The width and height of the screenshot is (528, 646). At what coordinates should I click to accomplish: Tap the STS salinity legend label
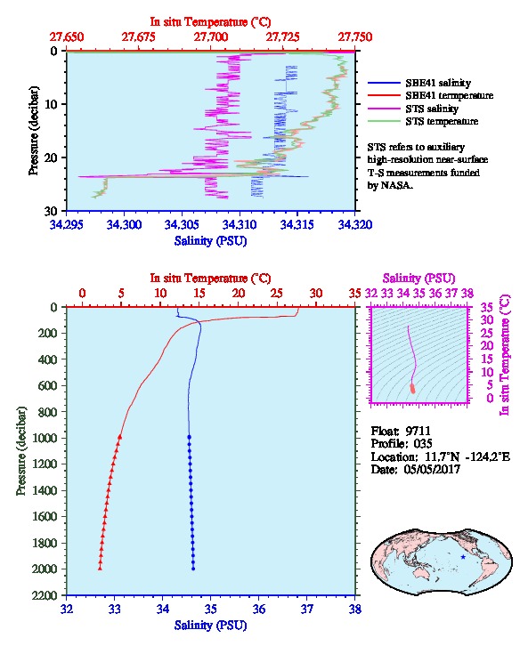(x=432, y=109)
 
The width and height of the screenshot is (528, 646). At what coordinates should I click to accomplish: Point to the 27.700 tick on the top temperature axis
(x=211, y=37)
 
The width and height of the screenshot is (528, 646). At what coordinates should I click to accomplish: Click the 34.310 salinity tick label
(x=240, y=225)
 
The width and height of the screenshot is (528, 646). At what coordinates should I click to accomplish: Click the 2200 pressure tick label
(x=45, y=595)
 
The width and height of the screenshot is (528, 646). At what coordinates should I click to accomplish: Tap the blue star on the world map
(x=463, y=557)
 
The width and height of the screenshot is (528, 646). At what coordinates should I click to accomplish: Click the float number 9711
(x=418, y=431)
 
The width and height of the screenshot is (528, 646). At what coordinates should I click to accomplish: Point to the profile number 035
(x=423, y=444)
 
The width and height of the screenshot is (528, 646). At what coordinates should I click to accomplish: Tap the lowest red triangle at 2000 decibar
(x=100, y=569)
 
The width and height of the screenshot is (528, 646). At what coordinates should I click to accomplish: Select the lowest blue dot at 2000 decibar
(x=193, y=569)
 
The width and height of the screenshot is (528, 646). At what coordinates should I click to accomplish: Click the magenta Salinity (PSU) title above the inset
(x=418, y=279)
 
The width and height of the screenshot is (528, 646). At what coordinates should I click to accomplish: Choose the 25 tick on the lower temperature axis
(x=277, y=294)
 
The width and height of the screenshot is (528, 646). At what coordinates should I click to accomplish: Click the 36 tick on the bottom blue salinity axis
(x=259, y=610)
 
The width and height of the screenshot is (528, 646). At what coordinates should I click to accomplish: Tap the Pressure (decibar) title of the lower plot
(x=20, y=451)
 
